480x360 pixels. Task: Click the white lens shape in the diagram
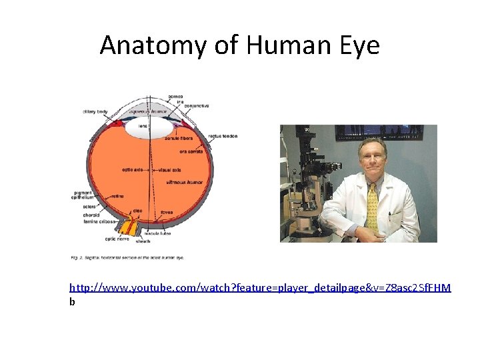(149, 129)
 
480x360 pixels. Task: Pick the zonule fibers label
(179, 138)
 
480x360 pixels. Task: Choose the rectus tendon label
(223, 136)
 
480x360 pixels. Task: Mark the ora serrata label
(191, 151)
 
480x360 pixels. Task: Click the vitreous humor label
(184, 181)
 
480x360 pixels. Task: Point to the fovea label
(167, 213)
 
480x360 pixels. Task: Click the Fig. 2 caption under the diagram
(127, 257)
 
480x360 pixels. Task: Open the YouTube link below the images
(260, 287)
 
